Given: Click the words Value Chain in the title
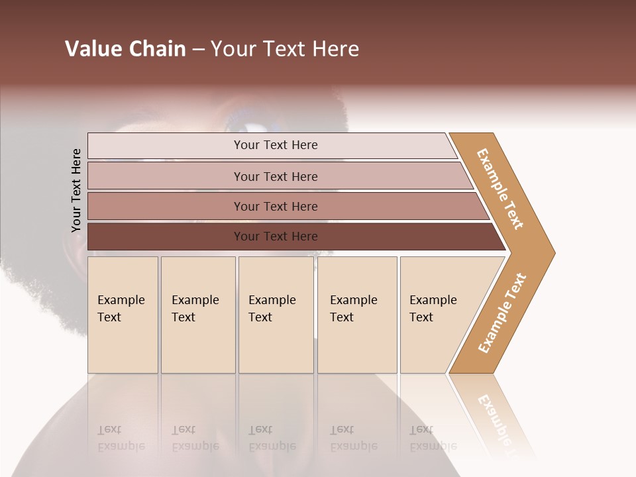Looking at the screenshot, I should [x=125, y=49].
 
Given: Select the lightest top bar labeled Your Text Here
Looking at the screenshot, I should [x=276, y=145].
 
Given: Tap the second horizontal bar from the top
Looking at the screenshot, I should [x=276, y=176].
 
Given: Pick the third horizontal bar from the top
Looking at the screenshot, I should [x=276, y=206].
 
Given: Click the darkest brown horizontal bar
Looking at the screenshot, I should [x=276, y=237].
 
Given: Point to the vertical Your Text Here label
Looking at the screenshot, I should [x=76, y=190].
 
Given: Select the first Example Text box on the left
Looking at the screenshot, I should [x=123, y=314].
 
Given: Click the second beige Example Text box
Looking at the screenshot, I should [x=197, y=314].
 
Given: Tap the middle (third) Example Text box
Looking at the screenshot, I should [x=276, y=314].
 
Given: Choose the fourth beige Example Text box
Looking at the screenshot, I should [x=357, y=314].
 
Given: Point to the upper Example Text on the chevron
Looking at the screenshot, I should [x=500, y=189].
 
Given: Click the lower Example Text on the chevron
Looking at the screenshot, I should [x=502, y=313].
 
